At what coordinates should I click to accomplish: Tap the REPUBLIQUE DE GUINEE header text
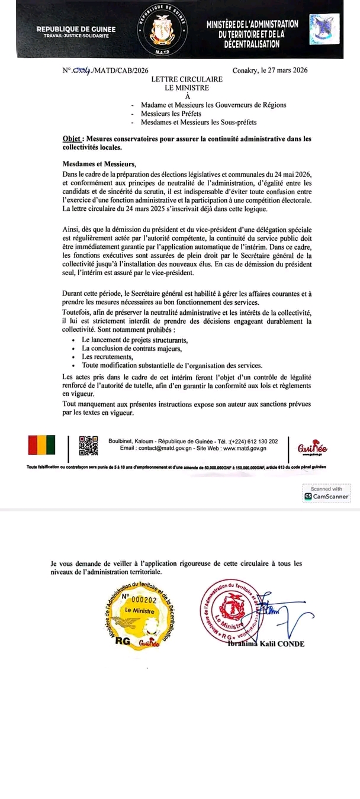point(76,29)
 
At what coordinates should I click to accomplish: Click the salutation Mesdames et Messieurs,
point(99,164)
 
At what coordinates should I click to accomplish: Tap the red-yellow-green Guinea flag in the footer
point(41,445)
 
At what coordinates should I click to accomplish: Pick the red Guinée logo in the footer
point(313,447)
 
